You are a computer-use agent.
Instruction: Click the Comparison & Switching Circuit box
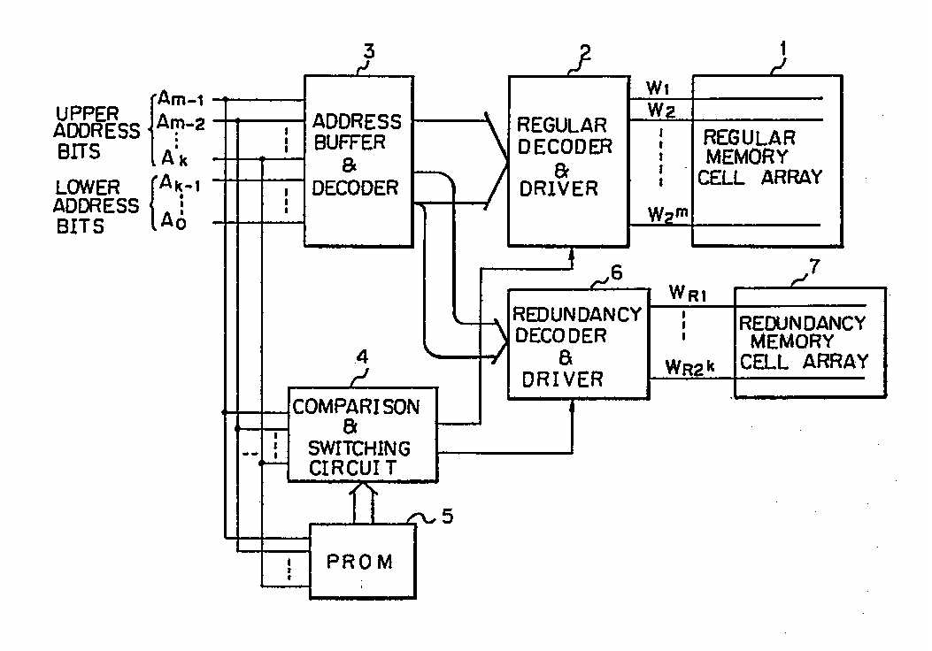tap(363, 434)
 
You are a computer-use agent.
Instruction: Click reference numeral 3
tap(368, 51)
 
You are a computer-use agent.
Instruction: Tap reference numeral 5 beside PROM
tap(446, 515)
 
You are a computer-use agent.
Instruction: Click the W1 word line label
tap(658, 88)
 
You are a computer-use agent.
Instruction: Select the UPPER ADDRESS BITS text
tap(97, 133)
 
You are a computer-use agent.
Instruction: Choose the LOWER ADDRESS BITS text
tap(97, 207)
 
